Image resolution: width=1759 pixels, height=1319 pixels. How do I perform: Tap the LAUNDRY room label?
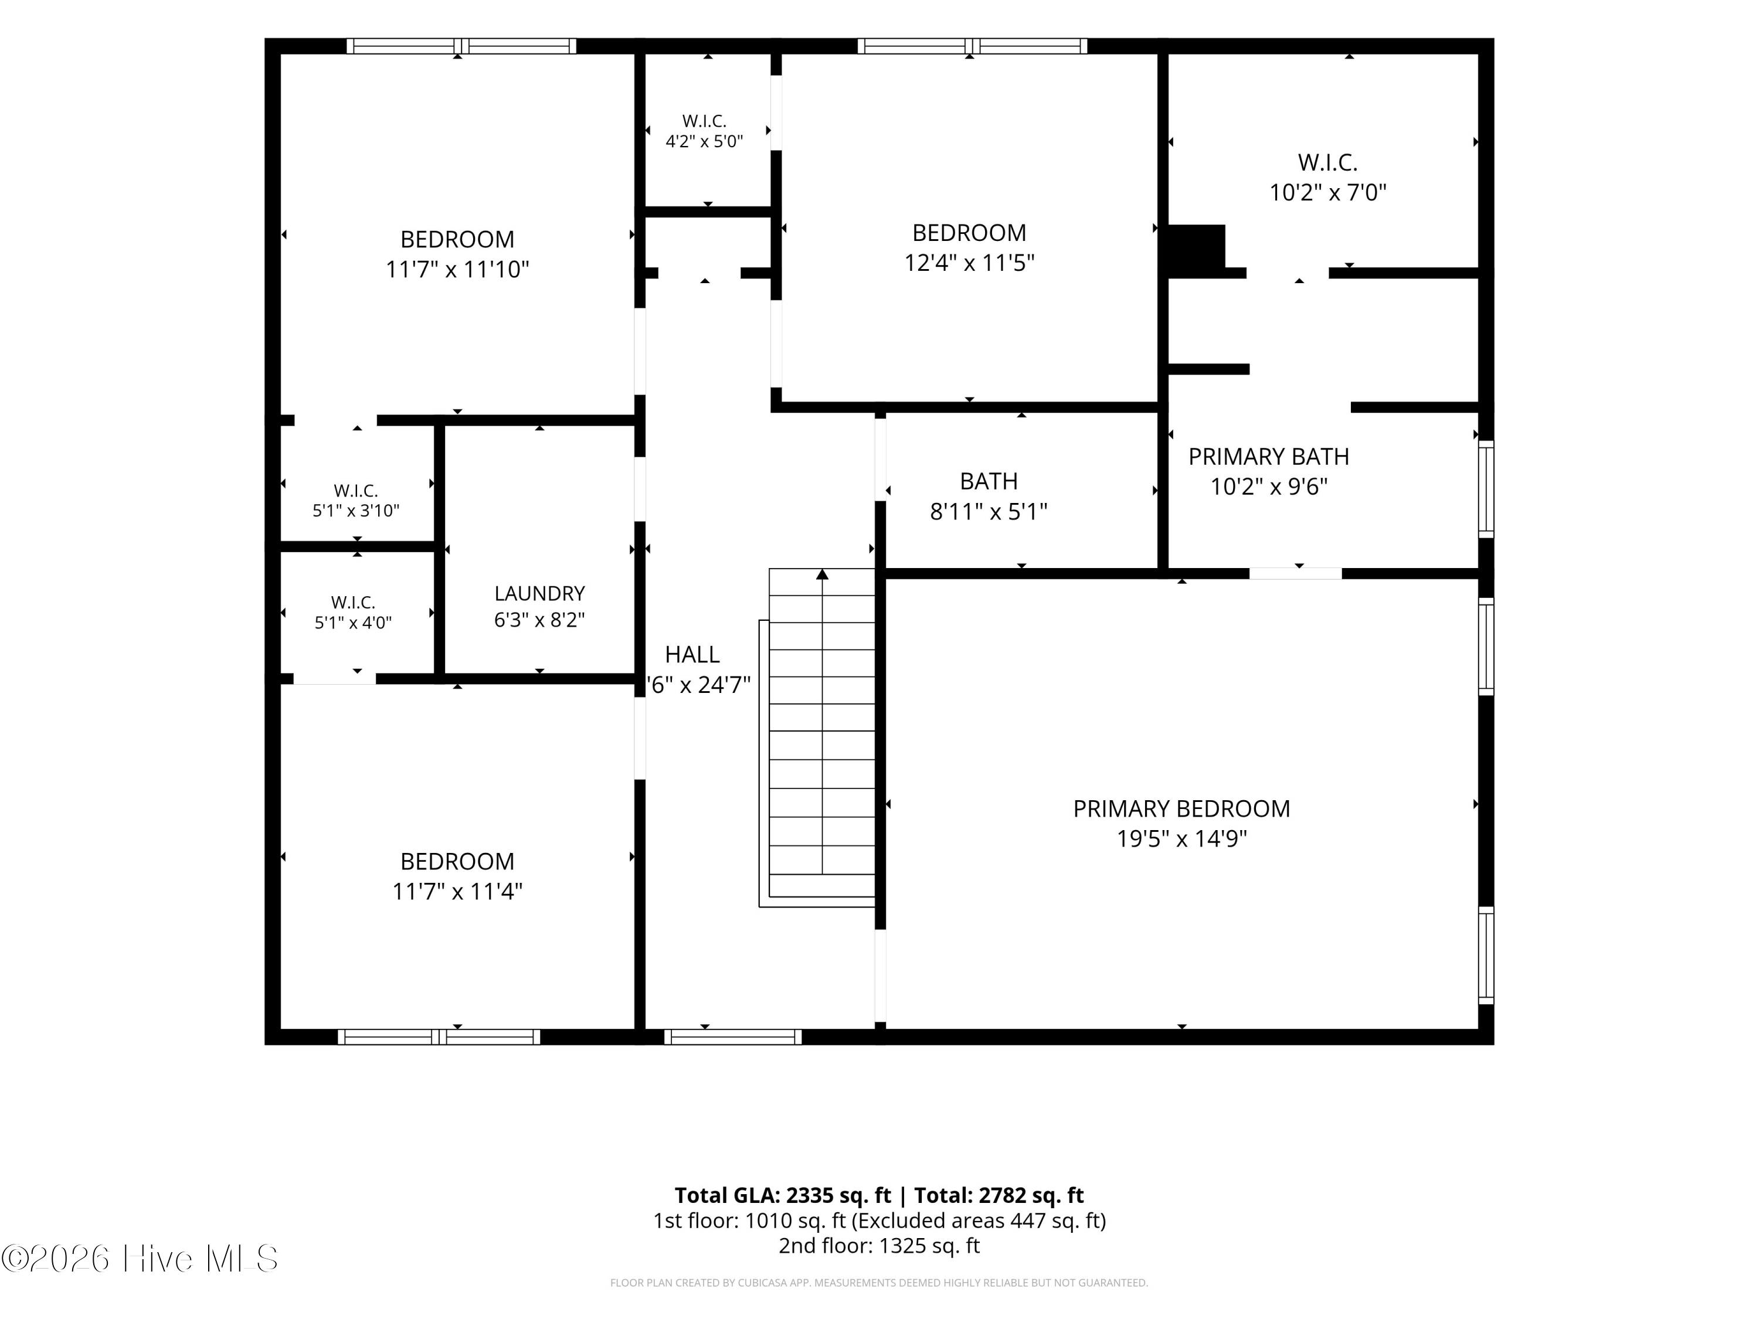tap(540, 593)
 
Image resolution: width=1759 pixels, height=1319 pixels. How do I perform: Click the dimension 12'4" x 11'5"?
tap(969, 263)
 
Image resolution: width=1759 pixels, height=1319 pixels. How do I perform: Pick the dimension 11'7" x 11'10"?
tap(457, 270)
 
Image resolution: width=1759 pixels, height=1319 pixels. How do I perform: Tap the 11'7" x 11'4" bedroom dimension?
tap(457, 891)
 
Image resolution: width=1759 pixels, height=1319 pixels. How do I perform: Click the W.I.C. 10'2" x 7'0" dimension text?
tap(1328, 192)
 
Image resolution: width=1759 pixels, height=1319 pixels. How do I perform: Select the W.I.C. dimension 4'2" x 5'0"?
tap(705, 141)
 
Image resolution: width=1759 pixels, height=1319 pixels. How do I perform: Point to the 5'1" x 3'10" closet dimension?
tap(355, 511)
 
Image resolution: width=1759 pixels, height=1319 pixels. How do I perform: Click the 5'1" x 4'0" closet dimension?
tap(353, 623)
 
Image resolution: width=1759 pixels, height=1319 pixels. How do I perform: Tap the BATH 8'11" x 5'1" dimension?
tap(989, 511)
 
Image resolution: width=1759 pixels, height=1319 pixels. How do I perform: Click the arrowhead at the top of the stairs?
tap(822, 574)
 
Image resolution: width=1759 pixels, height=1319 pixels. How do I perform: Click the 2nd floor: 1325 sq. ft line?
tap(880, 1245)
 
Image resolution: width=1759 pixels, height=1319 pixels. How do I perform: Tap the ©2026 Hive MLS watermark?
tap(140, 1258)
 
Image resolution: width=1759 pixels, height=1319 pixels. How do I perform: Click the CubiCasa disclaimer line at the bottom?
tap(880, 1283)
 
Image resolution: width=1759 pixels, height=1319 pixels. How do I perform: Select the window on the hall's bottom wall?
tap(733, 1037)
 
